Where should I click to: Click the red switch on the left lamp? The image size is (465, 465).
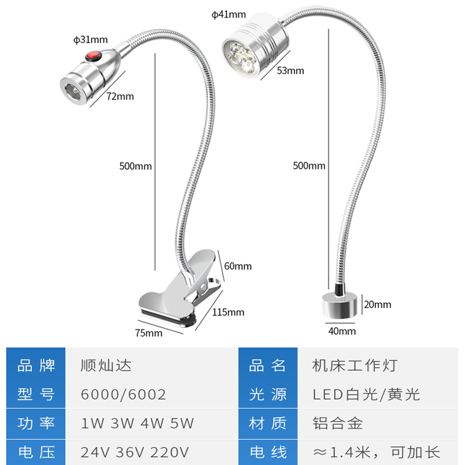tap(91, 56)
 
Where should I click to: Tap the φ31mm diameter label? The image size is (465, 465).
tap(91, 40)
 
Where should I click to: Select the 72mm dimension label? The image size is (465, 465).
tap(121, 96)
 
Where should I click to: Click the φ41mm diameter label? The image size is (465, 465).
tap(229, 14)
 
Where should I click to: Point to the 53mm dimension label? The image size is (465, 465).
tap(291, 71)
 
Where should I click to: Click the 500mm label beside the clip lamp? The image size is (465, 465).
tap(135, 166)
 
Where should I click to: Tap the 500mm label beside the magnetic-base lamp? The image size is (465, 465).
tap(309, 166)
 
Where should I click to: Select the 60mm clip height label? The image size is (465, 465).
tap(238, 266)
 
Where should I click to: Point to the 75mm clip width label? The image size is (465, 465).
tap(148, 332)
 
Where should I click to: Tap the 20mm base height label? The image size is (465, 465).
tap(377, 304)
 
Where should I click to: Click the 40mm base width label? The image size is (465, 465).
tap(342, 331)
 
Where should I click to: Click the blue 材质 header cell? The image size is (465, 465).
tap(268, 424)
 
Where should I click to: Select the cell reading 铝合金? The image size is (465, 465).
tap(338, 424)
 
